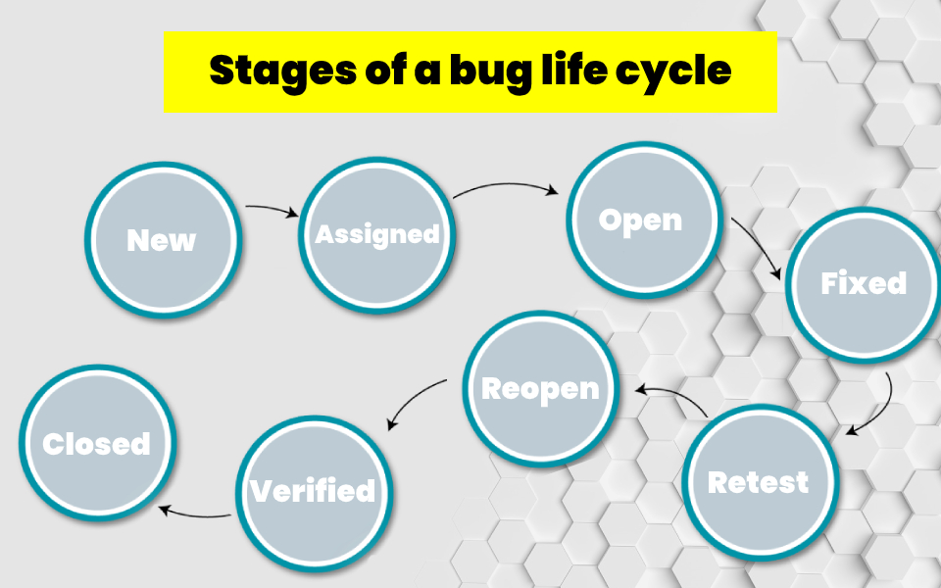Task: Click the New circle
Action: (x=162, y=240)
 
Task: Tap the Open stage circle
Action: (x=642, y=220)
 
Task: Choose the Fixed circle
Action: (x=863, y=284)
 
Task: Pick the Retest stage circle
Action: (x=759, y=482)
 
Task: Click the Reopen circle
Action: (x=540, y=388)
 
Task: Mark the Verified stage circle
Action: (x=313, y=490)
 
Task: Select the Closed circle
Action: (x=97, y=443)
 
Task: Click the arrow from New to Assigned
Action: (x=272, y=209)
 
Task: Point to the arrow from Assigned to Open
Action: (x=508, y=185)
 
